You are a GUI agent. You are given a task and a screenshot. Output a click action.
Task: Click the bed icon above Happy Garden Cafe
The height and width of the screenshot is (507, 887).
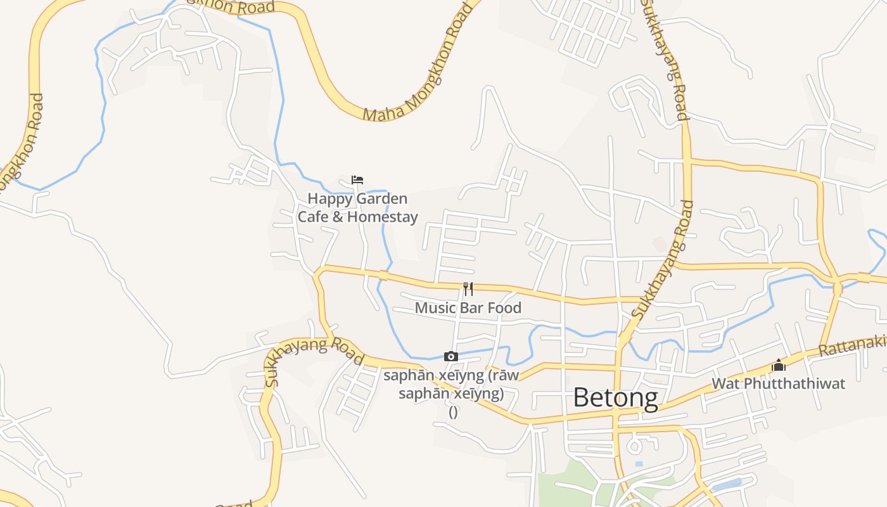click(357, 180)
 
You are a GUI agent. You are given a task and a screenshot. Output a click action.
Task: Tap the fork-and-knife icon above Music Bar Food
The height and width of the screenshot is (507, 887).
click(468, 289)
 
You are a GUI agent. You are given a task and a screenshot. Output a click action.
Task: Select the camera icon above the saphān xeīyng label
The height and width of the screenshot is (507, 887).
click(451, 356)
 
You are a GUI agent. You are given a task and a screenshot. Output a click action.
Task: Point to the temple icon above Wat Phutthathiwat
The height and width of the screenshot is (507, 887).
click(779, 365)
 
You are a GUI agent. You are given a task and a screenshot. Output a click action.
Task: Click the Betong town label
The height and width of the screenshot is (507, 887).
click(615, 398)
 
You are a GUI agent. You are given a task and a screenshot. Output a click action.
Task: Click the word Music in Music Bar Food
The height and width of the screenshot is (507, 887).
click(435, 308)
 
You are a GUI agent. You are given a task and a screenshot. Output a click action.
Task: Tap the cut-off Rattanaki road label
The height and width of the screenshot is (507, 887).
click(852, 346)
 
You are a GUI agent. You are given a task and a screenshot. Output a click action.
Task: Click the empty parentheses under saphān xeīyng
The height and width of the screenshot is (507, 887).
click(453, 411)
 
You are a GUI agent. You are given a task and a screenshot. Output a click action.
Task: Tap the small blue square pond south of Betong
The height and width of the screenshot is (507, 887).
click(639, 465)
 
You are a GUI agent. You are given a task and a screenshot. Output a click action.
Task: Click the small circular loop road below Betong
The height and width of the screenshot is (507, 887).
click(634, 446)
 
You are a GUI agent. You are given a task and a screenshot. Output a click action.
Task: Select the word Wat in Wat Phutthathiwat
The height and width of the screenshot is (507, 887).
click(725, 383)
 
